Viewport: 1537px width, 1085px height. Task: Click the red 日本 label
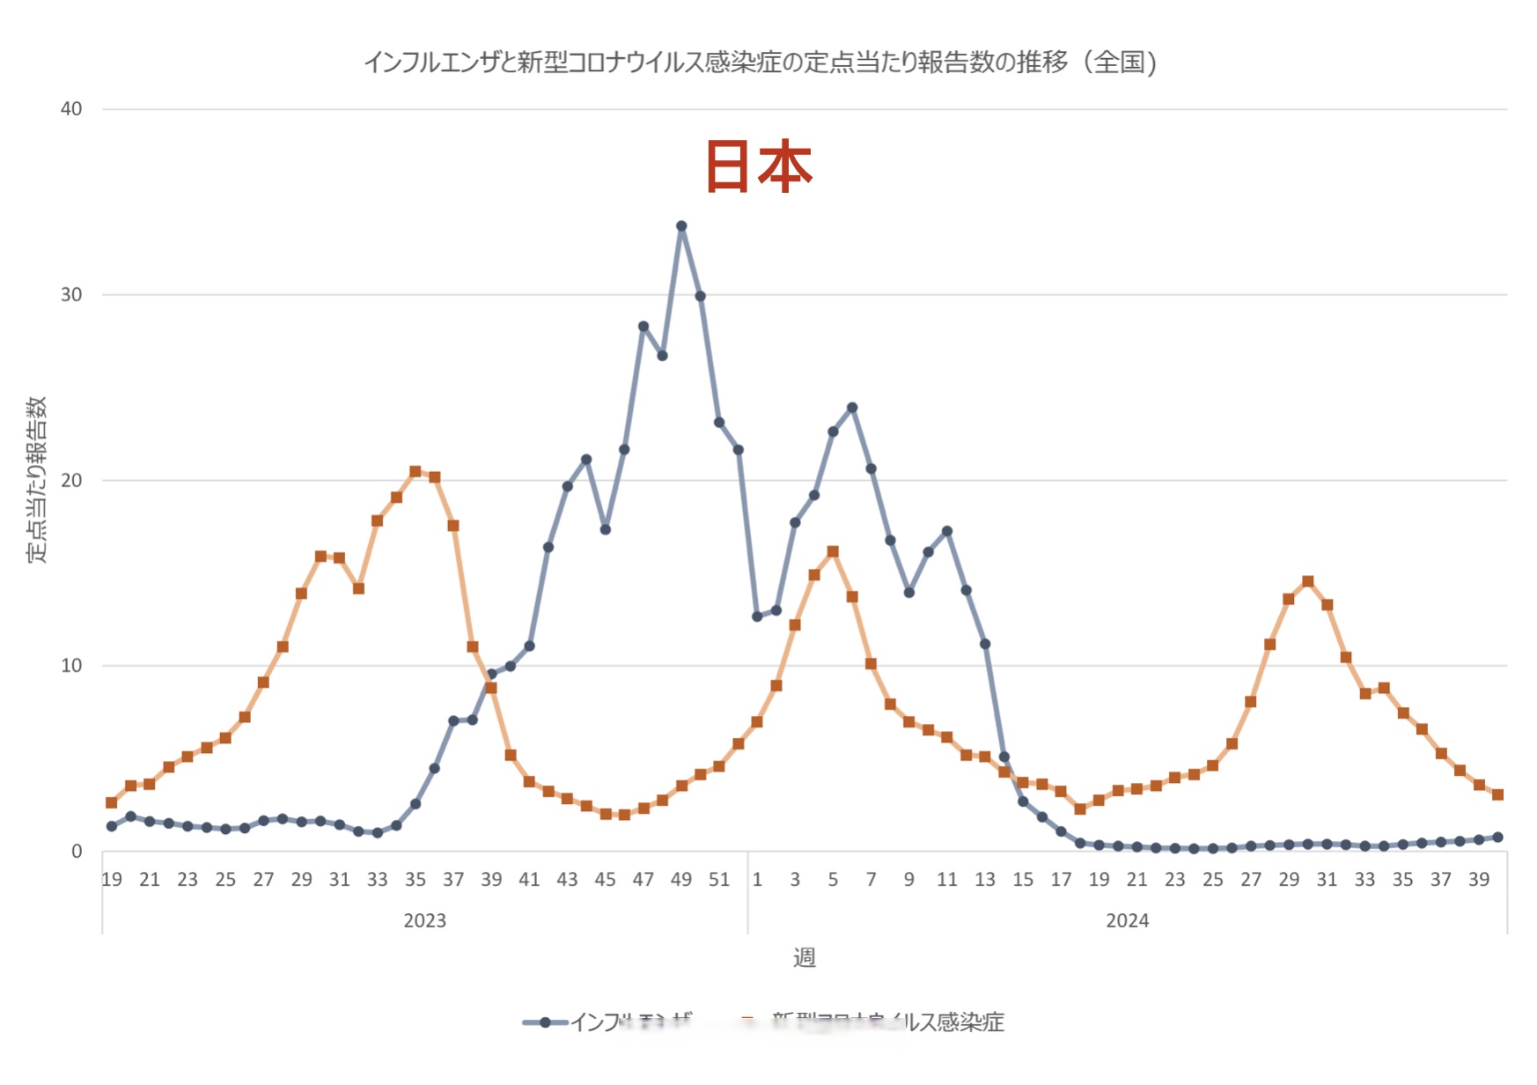(759, 166)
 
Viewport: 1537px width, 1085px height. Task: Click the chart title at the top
(760, 63)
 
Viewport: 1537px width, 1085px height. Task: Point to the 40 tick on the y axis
(71, 109)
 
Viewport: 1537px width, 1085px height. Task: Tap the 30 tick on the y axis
(71, 295)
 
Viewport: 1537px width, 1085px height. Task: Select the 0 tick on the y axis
(77, 852)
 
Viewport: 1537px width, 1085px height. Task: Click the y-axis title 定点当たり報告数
(36, 480)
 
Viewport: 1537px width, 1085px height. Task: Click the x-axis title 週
(804, 957)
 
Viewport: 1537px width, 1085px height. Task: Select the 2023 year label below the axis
(424, 920)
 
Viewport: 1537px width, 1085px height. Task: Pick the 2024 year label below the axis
(1127, 920)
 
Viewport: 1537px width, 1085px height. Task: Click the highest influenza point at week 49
(681, 226)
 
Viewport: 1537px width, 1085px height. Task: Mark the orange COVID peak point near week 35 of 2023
(416, 472)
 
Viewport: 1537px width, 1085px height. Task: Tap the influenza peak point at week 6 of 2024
(852, 408)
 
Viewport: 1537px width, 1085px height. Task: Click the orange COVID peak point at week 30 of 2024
(1308, 581)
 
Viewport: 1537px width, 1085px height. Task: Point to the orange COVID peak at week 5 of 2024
(833, 552)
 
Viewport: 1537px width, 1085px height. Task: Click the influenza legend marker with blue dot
(546, 1022)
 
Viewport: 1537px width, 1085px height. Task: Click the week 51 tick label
(719, 879)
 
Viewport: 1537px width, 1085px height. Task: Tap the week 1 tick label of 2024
(757, 879)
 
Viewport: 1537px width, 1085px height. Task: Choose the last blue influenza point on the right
(1498, 838)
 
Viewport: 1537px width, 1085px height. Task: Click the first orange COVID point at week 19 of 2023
(112, 802)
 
